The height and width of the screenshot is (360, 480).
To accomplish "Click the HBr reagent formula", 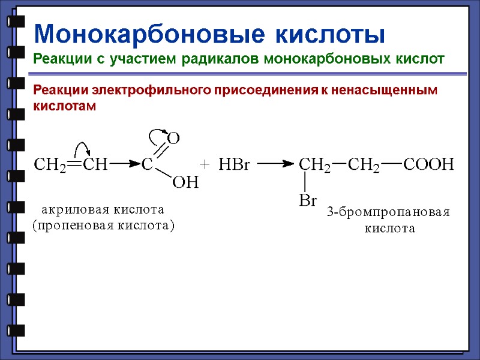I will point(234,164).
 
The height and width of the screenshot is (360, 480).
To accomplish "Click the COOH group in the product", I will point(429,164).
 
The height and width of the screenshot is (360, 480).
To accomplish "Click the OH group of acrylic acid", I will point(185,183).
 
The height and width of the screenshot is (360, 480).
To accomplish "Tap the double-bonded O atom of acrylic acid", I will point(173,139).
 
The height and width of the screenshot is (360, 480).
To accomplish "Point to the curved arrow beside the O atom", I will point(157,133).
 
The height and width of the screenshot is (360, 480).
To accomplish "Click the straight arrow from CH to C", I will point(124,163).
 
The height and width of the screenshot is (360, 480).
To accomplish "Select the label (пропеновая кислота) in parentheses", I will point(103,226).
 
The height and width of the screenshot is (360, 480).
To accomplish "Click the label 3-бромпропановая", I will point(388,212).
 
